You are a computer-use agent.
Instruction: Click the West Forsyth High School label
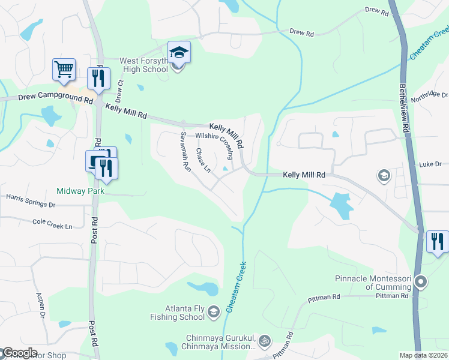point(143,65)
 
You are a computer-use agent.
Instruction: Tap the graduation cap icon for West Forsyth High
point(179,53)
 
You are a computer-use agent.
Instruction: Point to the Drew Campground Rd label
point(48,96)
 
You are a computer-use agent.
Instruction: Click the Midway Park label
point(80,191)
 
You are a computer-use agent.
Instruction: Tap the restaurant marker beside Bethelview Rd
point(436,241)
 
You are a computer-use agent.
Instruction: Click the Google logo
point(19,353)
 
